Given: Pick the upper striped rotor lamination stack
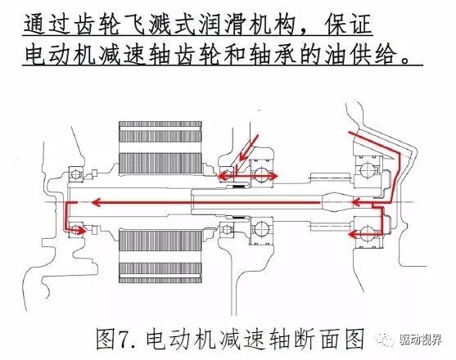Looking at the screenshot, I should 161,150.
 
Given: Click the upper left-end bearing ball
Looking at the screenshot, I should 76,173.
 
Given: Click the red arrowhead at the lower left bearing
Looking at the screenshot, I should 79,231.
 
